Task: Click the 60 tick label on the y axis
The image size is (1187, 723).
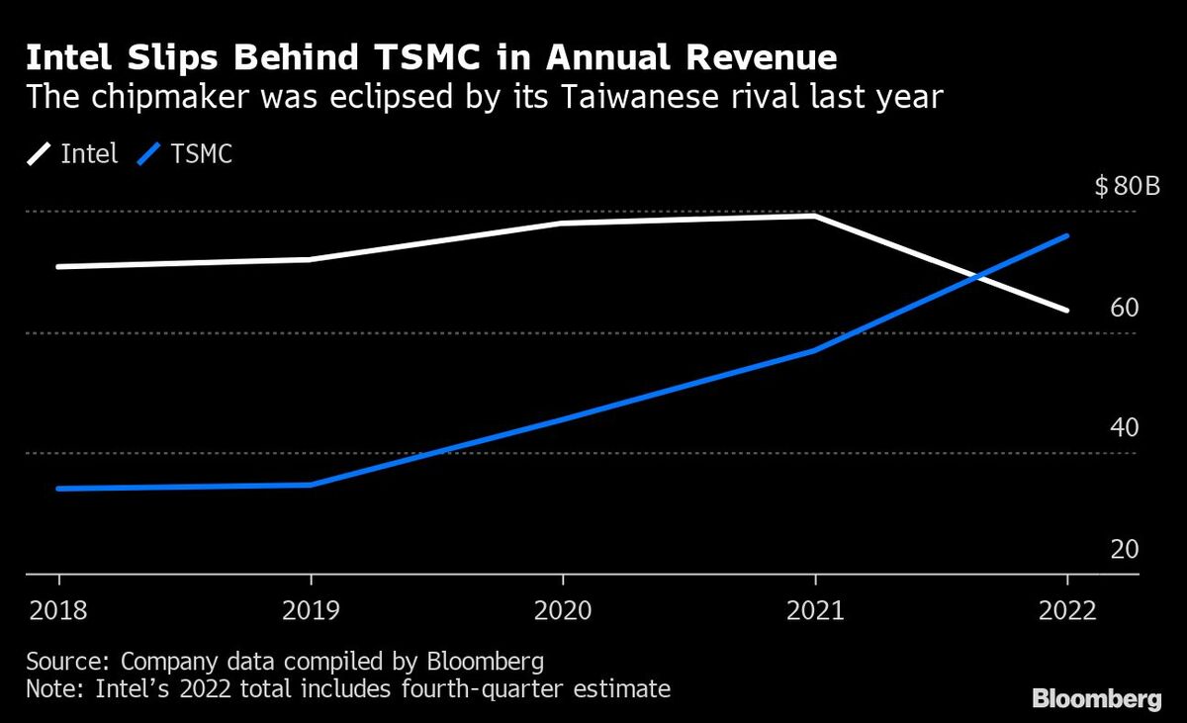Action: point(1125,308)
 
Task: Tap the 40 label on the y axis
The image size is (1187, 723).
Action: point(1125,428)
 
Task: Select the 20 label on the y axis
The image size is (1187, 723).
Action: point(1125,549)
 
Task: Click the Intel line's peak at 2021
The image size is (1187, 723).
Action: point(815,216)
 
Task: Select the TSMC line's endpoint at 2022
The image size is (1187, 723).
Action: point(1067,235)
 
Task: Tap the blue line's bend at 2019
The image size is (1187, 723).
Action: point(311,485)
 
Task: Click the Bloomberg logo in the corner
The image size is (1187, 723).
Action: point(1097,698)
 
